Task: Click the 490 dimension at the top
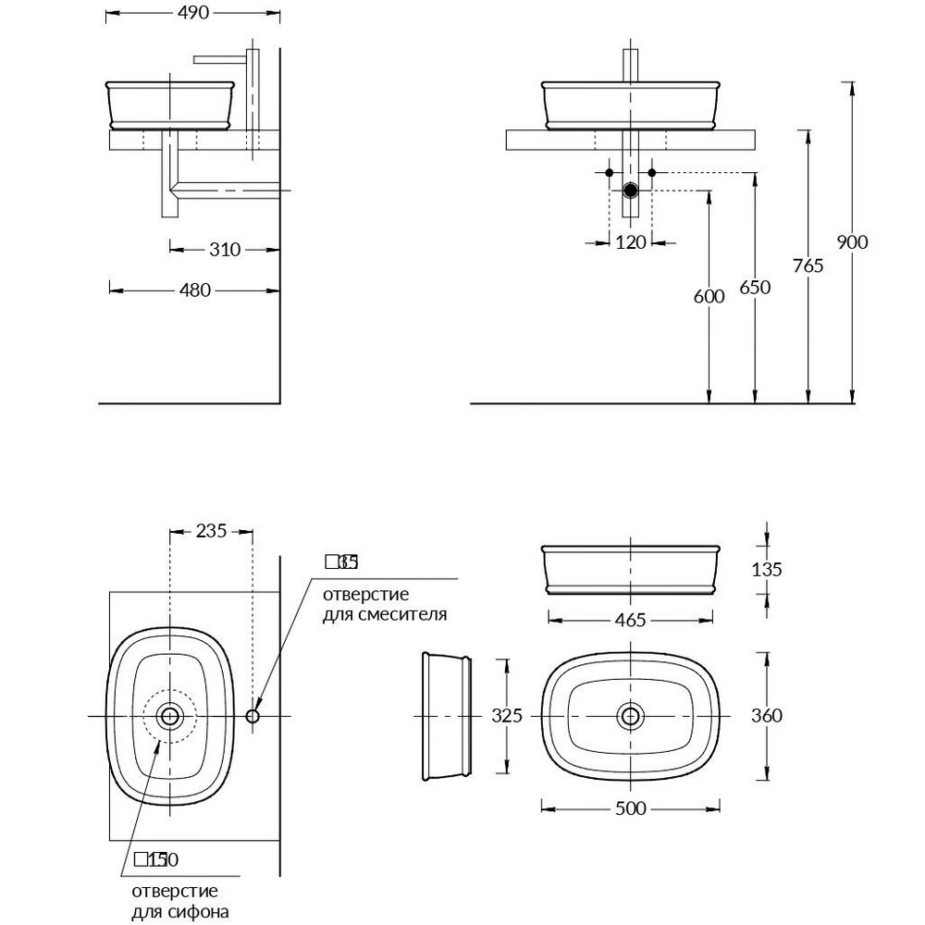(x=193, y=13)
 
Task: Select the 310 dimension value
(x=224, y=249)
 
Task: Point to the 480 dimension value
(x=194, y=290)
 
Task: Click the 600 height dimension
(x=709, y=296)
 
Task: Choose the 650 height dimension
(x=755, y=287)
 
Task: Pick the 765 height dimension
(x=808, y=265)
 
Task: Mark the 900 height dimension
(x=852, y=242)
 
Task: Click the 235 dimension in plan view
(x=211, y=531)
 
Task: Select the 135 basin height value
(x=767, y=570)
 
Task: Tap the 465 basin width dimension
(x=630, y=620)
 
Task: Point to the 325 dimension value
(x=506, y=715)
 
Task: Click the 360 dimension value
(x=767, y=715)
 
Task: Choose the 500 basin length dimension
(x=630, y=808)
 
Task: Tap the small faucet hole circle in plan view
(x=253, y=716)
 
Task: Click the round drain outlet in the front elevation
(x=631, y=191)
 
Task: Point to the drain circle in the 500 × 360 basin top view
(x=631, y=715)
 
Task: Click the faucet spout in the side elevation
(x=222, y=59)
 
